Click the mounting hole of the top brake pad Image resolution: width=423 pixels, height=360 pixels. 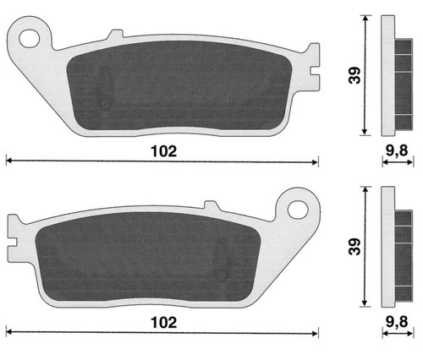pos(29,38)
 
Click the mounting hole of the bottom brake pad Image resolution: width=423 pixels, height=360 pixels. pos(298,210)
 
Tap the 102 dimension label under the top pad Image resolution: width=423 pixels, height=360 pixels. pos(164,151)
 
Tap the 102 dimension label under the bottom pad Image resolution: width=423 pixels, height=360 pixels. pos(164,323)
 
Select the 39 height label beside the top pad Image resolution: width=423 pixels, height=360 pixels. pos(354,75)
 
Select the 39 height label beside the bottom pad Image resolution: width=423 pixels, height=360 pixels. pos(354,247)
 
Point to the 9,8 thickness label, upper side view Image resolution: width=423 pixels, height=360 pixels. pos(397,151)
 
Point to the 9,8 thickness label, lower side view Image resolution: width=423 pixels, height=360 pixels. pos(397,322)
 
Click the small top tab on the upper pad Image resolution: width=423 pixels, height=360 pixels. pos(115,34)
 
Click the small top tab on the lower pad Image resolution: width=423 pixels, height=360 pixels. pos(211,205)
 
